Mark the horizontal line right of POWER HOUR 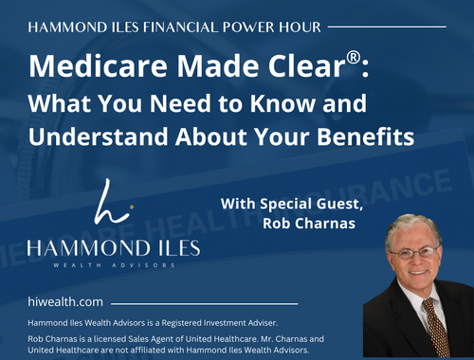392,27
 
